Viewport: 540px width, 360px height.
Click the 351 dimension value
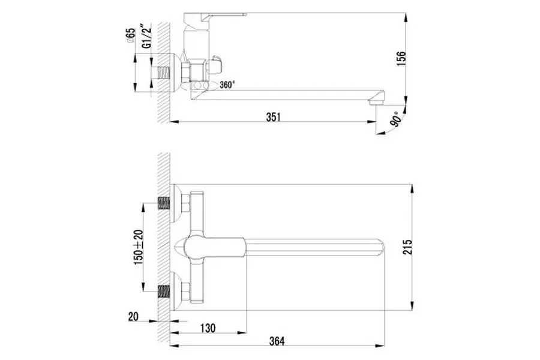[273, 117]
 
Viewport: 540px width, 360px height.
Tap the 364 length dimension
[276, 341]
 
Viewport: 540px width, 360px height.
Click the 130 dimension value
[208, 329]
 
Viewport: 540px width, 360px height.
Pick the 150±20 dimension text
[139, 247]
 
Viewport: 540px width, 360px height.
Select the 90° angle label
[397, 121]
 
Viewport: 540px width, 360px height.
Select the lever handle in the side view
[222, 13]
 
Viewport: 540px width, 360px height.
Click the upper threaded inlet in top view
[162, 203]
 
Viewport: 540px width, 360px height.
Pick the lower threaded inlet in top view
[162, 293]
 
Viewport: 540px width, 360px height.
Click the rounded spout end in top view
[387, 248]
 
